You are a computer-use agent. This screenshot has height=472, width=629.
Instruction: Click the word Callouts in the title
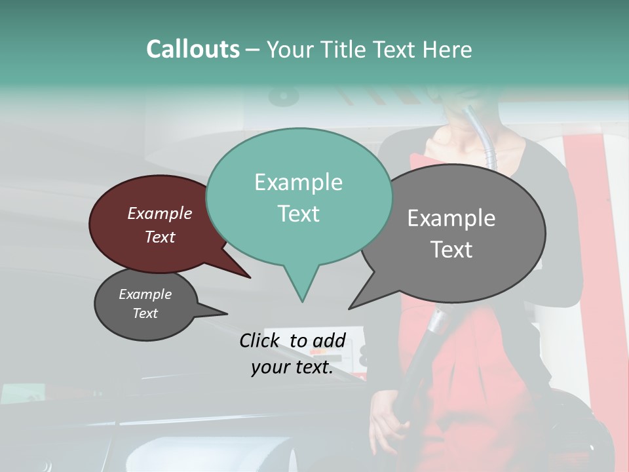point(193,49)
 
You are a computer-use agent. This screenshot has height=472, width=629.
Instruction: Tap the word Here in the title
point(448,49)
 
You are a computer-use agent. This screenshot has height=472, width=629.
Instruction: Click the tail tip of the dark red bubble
point(250,277)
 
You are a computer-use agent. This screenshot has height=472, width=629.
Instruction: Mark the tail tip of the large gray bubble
point(349,308)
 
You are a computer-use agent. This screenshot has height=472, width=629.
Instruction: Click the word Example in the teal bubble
point(298,182)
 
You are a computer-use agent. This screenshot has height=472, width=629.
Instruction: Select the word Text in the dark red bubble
point(160,237)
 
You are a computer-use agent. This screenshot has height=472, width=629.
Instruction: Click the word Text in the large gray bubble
point(451,250)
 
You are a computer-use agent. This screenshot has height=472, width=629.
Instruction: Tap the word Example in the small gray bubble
point(145,295)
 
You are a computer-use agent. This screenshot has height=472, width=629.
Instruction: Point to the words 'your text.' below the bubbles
point(292,368)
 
